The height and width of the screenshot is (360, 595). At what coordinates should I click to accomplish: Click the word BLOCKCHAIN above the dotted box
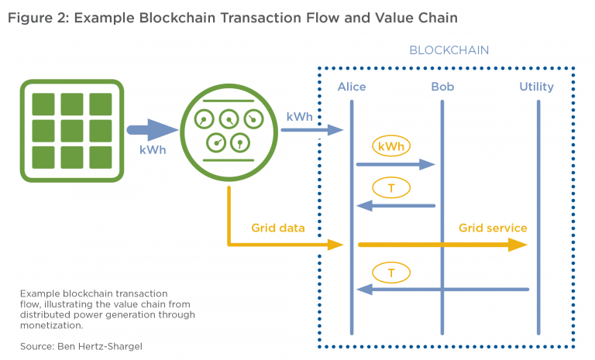click(449, 50)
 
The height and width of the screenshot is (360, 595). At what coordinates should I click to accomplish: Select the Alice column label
click(351, 87)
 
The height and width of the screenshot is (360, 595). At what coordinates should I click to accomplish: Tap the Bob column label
click(442, 87)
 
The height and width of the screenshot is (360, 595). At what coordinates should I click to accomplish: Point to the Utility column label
click(536, 87)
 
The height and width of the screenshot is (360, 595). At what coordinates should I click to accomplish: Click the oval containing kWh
click(392, 146)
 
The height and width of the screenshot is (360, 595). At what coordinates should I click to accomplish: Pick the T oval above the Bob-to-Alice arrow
click(392, 187)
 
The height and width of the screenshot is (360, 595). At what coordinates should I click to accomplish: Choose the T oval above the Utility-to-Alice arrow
click(392, 272)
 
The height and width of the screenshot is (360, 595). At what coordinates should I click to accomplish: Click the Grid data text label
click(277, 228)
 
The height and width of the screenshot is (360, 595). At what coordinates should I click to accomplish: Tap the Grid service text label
click(493, 228)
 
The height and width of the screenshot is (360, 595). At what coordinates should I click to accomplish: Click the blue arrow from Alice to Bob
click(396, 164)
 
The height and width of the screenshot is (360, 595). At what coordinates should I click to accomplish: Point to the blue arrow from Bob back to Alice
click(396, 206)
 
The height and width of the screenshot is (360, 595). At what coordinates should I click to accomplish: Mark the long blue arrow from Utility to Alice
click(442, 290)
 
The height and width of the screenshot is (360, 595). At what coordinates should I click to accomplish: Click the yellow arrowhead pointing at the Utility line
click(519, 245)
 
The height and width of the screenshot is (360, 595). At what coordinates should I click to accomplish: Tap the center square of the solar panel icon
click(71, 131)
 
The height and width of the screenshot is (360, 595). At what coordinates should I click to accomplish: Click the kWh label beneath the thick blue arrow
click(153, 149)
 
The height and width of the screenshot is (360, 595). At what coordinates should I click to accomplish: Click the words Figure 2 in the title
click(36, 17)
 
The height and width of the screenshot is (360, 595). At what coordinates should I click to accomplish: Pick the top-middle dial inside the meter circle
click(229, 118)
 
